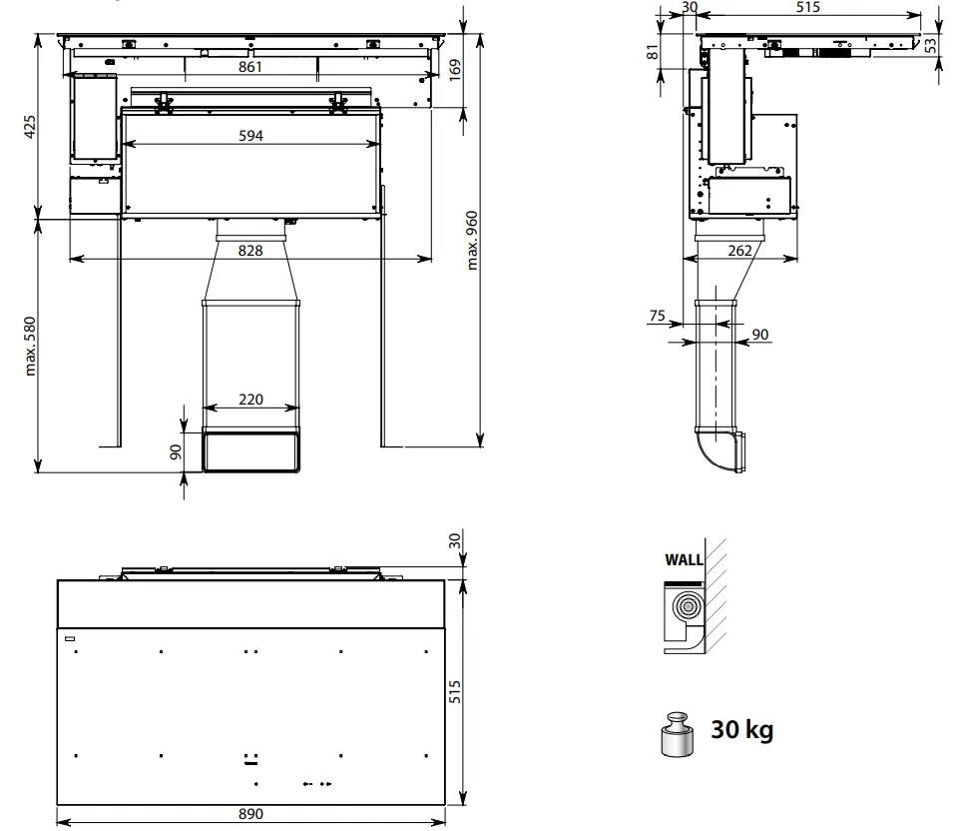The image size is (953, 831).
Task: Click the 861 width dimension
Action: (x=249, y=66)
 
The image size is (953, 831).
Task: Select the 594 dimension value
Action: (x=250, y=135)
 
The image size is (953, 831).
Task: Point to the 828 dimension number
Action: (x=250, y=250)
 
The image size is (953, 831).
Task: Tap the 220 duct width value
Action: (x=250, y=400)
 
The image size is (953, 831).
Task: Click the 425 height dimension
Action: (x=30, y=127)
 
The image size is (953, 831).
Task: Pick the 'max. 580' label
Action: (x=30, y=347)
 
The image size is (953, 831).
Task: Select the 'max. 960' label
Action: (x=472, y=241)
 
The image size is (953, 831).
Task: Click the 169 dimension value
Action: (x=455, y=70)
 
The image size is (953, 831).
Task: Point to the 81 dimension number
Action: (x=653, y=52)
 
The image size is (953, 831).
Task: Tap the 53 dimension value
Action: (x=931, y=45)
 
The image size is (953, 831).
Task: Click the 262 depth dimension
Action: (x=739, y=250)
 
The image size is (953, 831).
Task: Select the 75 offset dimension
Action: (x=657, y=316)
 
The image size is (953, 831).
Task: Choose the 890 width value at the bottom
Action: (x=250, y=813)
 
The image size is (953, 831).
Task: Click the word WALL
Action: (x=684, y=559)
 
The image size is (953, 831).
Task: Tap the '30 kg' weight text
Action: (x=742, y=729)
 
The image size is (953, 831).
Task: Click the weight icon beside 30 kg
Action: (x=677, y=734)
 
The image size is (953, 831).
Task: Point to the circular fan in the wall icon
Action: (x=688, y=606)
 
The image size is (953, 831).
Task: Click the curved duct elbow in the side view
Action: (x=719, y=451)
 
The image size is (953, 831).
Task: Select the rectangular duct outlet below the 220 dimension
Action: (x=250, y=449)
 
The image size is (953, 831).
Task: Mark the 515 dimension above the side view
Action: (x=807, y=7)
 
